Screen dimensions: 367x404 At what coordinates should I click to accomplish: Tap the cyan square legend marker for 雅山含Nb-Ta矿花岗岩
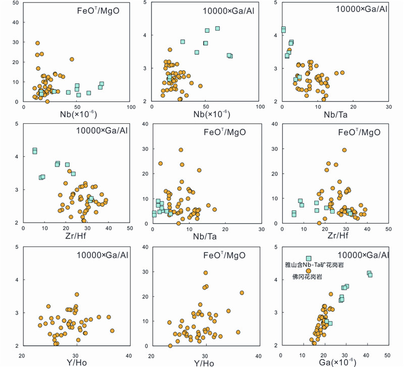(x=309, y=258)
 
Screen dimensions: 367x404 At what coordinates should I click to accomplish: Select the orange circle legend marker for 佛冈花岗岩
(x=309, y=271)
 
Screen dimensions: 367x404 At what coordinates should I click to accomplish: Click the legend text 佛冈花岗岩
(x=306, y=277)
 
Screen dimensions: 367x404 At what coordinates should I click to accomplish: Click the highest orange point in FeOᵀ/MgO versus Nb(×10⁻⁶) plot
(x=37, y=43)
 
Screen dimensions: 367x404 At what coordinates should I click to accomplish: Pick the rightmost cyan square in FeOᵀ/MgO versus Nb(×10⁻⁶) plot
(x=102, y=84)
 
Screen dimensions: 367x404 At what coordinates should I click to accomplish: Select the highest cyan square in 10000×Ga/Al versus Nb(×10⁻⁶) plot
(x=218, y=29)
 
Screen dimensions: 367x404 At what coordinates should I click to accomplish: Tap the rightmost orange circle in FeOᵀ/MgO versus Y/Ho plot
(x=242, y=293)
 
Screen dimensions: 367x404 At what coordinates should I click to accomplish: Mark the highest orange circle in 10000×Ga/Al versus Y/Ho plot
(x=77, y=294)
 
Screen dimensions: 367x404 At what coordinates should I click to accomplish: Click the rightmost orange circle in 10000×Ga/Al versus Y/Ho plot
(x=112, y=331)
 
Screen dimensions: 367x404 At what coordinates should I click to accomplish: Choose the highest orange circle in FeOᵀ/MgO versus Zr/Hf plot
(x=344, y=150)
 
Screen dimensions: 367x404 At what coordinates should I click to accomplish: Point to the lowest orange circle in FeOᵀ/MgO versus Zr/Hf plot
(x=319, y=223)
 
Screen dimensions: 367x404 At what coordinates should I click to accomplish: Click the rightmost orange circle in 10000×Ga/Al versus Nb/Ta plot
(x=342, y=73)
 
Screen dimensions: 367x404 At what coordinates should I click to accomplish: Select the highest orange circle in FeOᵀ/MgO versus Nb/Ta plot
(x=181, y=150)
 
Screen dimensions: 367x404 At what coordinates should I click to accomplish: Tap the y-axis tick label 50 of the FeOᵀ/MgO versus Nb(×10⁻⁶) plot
(x=17, y=4)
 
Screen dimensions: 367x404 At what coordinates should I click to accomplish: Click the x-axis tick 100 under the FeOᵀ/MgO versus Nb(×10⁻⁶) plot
(x=130, y=108)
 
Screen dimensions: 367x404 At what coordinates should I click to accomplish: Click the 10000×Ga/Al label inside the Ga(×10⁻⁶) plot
(x=363, y=255)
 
